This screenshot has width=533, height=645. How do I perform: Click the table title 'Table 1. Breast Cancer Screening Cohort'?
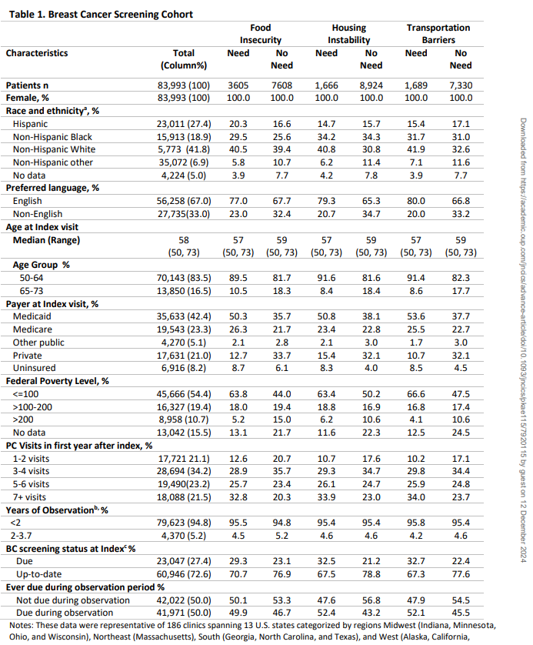[x=99, y=14]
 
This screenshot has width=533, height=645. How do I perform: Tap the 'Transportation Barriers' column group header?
[x=438, y=34]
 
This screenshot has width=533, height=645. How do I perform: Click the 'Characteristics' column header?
[x=37, y=53]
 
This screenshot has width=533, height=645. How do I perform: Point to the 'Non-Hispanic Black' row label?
[x=52, y=136]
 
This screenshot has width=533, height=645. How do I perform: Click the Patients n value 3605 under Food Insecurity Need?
[x=238, y=85]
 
